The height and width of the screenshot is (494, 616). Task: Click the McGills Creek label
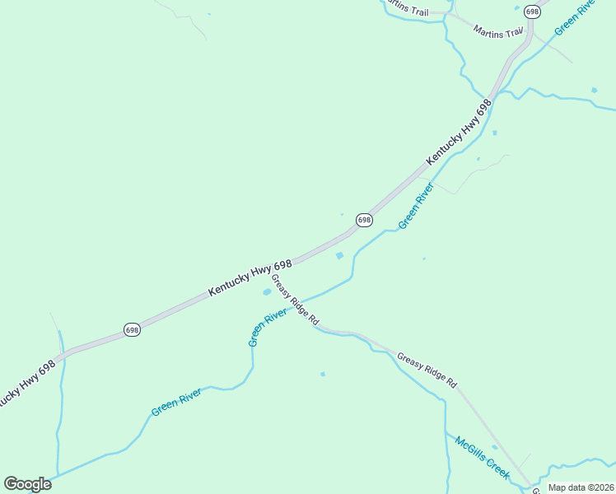(483, 458)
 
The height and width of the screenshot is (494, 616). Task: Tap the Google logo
(27, 484)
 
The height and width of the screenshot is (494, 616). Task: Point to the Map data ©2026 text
(581, 487)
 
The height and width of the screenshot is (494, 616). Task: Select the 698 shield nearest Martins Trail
(532, 12)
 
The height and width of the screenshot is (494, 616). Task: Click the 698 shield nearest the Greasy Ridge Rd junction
(364, 220)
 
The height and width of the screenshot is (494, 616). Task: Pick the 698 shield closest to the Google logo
(132, 329)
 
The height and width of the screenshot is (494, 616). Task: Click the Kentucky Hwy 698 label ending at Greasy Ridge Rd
(250, 277)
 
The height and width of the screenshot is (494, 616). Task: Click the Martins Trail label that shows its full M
(498, 31)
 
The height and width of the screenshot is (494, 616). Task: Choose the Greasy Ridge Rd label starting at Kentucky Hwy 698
(295, 301)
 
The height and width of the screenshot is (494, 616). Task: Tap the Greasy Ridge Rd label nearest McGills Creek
(427, 370)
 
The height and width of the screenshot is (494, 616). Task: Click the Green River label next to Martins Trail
(574, 16)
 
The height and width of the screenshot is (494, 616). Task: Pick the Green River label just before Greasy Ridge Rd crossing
(268, 327)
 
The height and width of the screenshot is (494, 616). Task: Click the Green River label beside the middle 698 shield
(416, 207)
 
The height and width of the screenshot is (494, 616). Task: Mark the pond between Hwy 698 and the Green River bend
(339, 256)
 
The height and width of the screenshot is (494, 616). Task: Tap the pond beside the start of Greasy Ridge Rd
(267, 291)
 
